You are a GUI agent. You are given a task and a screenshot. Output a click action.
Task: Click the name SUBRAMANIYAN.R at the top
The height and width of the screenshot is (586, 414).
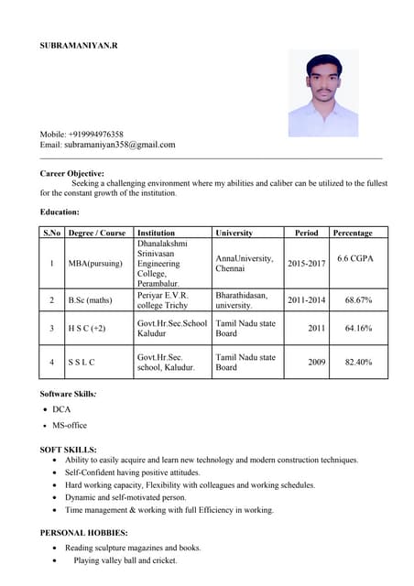(80, 44)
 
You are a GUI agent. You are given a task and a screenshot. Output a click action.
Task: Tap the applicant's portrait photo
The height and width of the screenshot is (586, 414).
(323, 92)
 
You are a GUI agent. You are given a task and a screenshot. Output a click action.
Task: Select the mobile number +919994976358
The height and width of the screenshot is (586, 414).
(95, 134)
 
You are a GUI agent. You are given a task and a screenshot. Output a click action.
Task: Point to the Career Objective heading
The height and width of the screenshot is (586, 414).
(72, 173)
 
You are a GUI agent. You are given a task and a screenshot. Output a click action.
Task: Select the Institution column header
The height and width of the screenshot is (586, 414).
(156, 233)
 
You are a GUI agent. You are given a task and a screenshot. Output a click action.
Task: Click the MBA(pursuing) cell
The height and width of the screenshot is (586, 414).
(95, 264)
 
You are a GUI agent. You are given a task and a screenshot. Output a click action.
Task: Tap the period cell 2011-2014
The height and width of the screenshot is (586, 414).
(306, 300)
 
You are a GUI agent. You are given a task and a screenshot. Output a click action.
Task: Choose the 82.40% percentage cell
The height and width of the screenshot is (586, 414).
(358, 363)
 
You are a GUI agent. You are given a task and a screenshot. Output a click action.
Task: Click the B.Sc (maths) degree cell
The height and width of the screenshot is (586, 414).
(90, 300)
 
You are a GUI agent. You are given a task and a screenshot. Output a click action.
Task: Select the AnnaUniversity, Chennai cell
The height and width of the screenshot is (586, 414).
(245, 264)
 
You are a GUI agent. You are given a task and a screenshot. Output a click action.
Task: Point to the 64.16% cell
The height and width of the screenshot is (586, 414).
(358, 328)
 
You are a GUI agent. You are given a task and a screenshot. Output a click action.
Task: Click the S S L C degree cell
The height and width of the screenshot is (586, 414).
(82, 363)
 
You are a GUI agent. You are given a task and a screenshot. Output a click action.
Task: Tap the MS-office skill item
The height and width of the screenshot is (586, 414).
(70, 426)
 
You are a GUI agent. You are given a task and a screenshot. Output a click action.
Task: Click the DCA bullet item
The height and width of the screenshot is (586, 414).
(61, 409)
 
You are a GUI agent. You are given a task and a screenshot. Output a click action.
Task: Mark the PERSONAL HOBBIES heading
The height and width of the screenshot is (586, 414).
(84, 532)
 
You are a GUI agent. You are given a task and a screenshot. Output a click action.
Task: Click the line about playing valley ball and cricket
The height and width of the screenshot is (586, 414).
(125, 560)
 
